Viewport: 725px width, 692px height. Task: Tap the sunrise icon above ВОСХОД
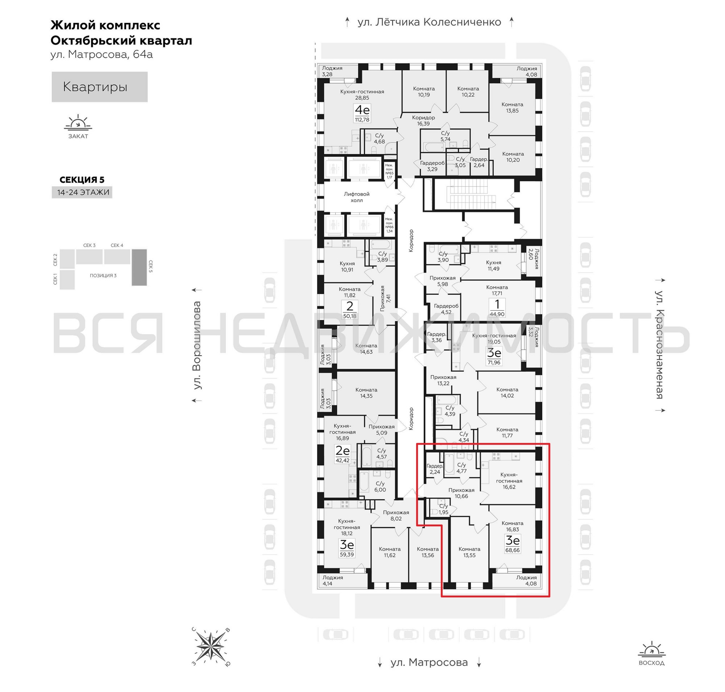pyautogui.click(x=651, y=649)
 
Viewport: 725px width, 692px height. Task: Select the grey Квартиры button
pyautogui.click(x=100, y=87)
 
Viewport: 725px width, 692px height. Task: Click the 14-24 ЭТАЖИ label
pyautogui.click(x=83, y=192)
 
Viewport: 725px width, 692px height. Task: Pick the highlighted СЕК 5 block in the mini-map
pyautogui.click(x=139, y=267)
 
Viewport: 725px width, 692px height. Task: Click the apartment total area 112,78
pyautogui.click(x=362, y=119)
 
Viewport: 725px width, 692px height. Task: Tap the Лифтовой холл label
pyautogui.click(x=356, y=197)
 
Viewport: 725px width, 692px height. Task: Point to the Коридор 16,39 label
pyautogui.click(x=423, y=121)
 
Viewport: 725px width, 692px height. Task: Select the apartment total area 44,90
pyautogui.click(x=497, y=314)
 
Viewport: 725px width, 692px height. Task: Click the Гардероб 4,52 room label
pyautogui.click(x=446, y=309)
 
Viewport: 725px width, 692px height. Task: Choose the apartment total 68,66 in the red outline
pyautogui.click(x=513, y=550)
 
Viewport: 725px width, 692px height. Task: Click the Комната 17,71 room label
pyautogui.click(x=497, y=290)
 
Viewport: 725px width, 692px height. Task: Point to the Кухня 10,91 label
pyautogui.click(x=347, y=266)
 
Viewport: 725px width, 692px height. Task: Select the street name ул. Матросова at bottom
pyautogui.click(x=429, y=663)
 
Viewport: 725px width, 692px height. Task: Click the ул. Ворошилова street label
pyautogui.click(x=197, y=345)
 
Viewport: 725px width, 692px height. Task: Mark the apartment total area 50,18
pyautogui.click(x=350, y=316)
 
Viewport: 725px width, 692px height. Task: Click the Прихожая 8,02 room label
pyautogui.click(x=396, y=515)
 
